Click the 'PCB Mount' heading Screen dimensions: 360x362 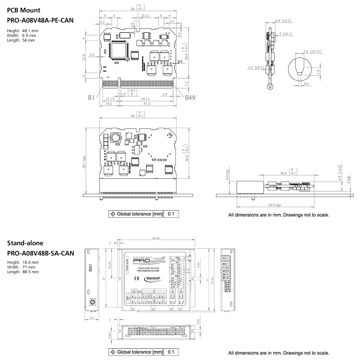pyautogui.click(x=24, y=10)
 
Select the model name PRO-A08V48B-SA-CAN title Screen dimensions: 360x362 pyautogui.click(x=40, y=253)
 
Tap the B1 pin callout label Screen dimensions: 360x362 pyautogui.click(x=91, y=98)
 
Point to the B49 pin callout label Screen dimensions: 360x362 pyautogui.click(x=190, y=98)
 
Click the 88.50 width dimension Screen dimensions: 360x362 pyautogui.click(x=156, y=238)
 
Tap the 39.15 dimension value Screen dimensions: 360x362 pyautogui.click(x=145, y=99)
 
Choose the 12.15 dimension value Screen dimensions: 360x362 pyautogui.click(x=110, y=99)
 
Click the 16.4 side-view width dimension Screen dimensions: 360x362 pyautogui.click(x=92, y=318)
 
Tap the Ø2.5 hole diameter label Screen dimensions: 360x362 pyautogui.click(x=145, y=16)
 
